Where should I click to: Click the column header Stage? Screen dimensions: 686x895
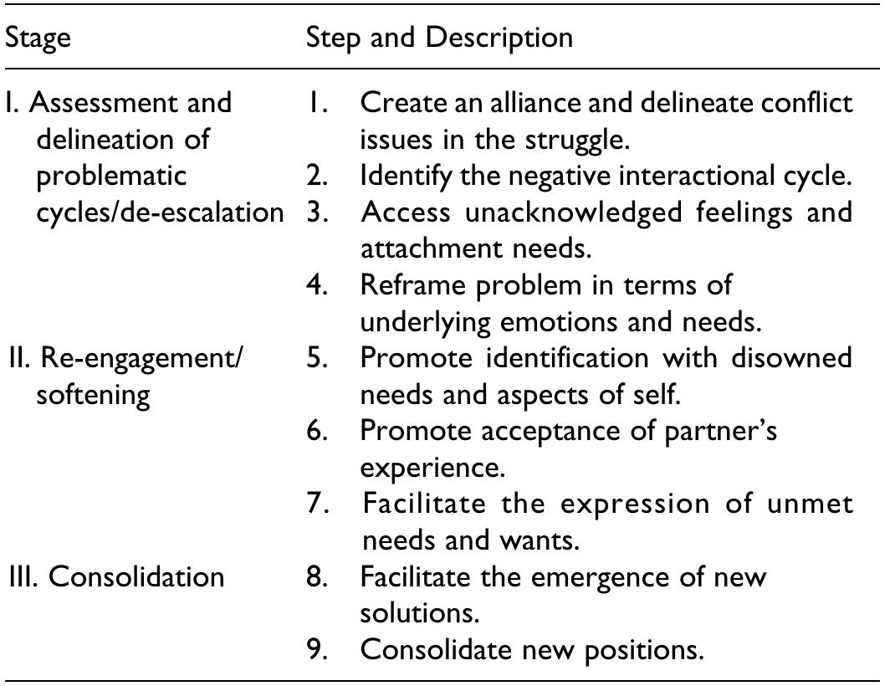[x=38, y=38]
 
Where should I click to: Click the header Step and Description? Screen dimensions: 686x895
[x=439, y=38]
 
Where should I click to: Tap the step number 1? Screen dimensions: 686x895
[x=316, y=104]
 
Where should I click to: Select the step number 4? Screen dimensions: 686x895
[x=316, y=285]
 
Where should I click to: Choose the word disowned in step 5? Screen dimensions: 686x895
[x=792, y=358]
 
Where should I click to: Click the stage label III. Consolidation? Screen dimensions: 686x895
[x=116, y=577]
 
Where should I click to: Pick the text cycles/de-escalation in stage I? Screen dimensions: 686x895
[x=160, y=212]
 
